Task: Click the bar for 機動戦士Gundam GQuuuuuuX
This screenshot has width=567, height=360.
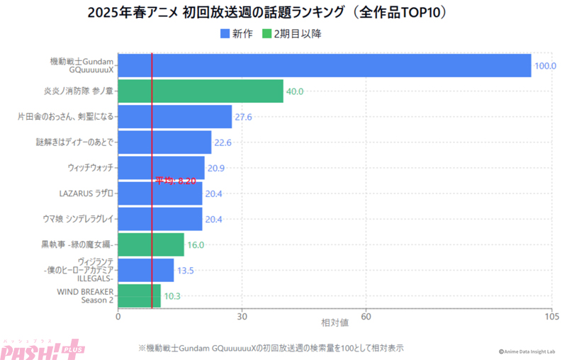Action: tap(324, 65)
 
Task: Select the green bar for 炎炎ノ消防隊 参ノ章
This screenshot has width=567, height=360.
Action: tap(200, 91)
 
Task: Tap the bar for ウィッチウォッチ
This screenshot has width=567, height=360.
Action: tap(161, 167)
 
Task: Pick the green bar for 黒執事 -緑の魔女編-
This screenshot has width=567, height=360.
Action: tap(151, 244)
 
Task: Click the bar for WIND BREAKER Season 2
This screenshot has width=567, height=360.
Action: tap(139, 296)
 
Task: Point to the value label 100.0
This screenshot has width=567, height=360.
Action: tap(545, 66)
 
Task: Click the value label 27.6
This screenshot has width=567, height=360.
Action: tap(243, 117)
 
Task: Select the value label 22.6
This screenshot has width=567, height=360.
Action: tap(223, 142)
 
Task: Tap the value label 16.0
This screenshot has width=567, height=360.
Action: tap(195, 245)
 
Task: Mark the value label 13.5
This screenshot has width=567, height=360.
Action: tap(185, 270)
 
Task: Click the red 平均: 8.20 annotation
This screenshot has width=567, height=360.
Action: tap(175, 181)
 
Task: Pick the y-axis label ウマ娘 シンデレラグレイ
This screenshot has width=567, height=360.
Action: tap(78, 219)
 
